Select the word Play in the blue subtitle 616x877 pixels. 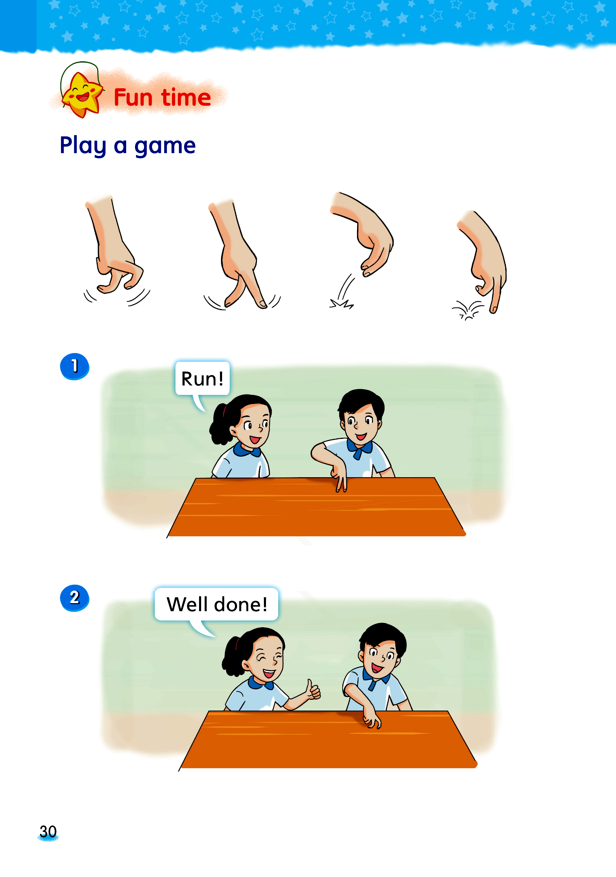pos(83,146)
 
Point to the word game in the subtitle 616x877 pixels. pos(165,147)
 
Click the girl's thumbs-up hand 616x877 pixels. pos(313,690)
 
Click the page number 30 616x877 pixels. pos(48,832)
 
